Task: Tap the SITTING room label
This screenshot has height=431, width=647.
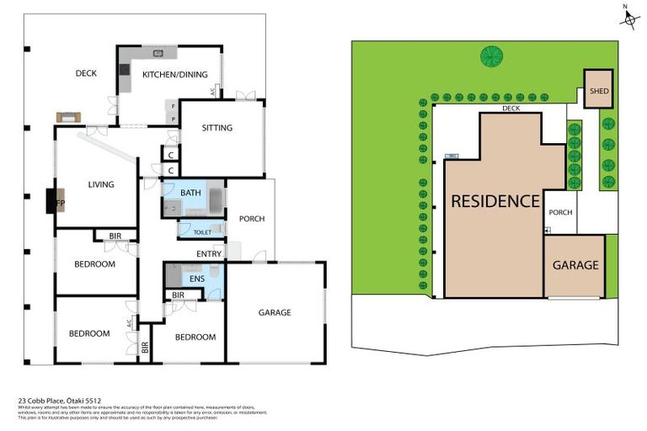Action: pos(217,128)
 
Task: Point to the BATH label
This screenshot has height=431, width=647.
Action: pos(190,193)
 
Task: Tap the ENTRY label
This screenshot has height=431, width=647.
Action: pos(209,253)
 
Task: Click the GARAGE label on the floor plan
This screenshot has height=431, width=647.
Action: pos(275,312)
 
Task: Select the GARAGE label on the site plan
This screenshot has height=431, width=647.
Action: pos(575,264)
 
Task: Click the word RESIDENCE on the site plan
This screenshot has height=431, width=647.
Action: pos(495,201)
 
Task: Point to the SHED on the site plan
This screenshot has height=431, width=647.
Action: pos(599,91)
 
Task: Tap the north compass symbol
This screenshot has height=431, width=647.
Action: pos(628,17)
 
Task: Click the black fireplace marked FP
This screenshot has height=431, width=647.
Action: pos(52,202)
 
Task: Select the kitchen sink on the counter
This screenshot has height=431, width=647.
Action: pos(158,53)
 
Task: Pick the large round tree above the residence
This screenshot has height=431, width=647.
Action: pos(489,56)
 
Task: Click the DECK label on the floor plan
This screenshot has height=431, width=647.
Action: pos(86,73)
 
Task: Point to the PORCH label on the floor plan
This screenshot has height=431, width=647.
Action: pos(251,219)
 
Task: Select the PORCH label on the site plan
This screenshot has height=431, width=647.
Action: pos(560,212)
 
